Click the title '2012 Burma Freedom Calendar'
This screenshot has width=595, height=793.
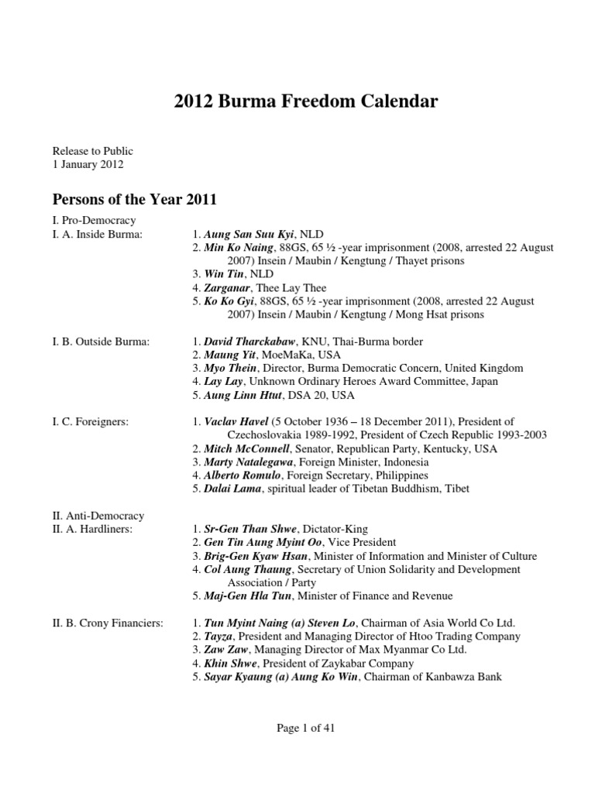[297, 101]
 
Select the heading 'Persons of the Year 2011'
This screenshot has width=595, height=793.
[134, 199]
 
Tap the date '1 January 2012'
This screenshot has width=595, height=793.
[88, 164]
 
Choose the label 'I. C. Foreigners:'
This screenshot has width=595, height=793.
[91, 421]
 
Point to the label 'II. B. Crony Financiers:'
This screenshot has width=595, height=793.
[108, 623]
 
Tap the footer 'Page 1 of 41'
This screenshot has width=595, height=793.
[297, 727]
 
